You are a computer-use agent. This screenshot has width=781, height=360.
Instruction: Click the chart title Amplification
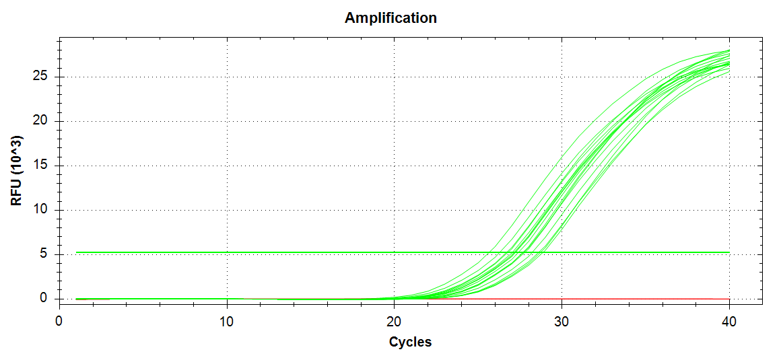coord(390,18)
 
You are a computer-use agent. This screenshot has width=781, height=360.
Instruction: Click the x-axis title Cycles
coord(410,342)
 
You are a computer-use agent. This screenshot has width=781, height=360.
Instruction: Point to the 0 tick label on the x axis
coord(59,322)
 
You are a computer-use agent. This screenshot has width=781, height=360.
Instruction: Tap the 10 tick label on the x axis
coord(227,322)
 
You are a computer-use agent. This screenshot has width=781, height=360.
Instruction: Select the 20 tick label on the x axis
coord(395,322)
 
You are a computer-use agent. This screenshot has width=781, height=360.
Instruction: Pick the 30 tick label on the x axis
coord(562,322)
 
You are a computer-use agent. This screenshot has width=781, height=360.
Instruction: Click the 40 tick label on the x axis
coord(729,322)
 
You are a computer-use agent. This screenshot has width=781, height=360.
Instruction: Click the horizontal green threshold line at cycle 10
coord(227,252)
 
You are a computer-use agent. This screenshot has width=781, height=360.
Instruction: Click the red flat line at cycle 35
coord(646,299)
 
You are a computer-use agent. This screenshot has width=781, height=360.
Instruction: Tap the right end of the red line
coord(729,299)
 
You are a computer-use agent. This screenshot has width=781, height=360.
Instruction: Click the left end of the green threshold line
coord(77,252)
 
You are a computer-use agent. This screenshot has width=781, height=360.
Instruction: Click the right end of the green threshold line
coord(729,252)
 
